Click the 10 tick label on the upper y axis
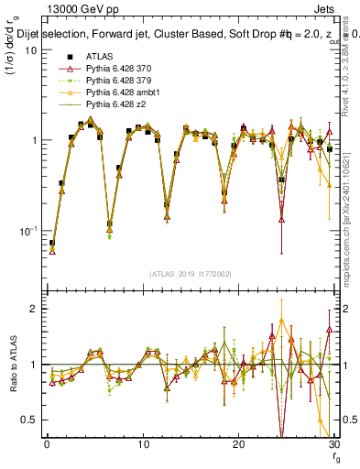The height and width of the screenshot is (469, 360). tap(29, 50)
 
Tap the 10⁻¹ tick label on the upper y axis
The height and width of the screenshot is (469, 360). tap(26, 229)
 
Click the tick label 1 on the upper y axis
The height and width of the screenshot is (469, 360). tap(33, 140)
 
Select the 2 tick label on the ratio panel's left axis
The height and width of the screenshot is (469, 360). tap(33, 310)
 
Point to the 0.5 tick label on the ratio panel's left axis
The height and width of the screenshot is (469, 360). tap(28, 420)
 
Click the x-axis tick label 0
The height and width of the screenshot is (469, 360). tap(47, 445)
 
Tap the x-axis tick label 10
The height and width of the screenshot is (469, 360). tap(142, 445)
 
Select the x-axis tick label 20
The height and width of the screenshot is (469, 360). tap(238, 445)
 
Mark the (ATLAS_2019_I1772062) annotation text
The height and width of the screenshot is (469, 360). tap(191, 274)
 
